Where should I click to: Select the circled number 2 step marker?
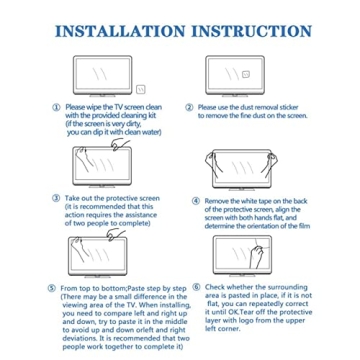click(x=191, y=106)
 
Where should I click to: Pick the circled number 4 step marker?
click(x=196, y=200)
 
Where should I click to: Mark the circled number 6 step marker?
click(x=196, y=286)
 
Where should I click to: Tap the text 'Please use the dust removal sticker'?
click(x=247, y=106)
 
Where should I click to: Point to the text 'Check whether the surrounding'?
click(x=252, y=286)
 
